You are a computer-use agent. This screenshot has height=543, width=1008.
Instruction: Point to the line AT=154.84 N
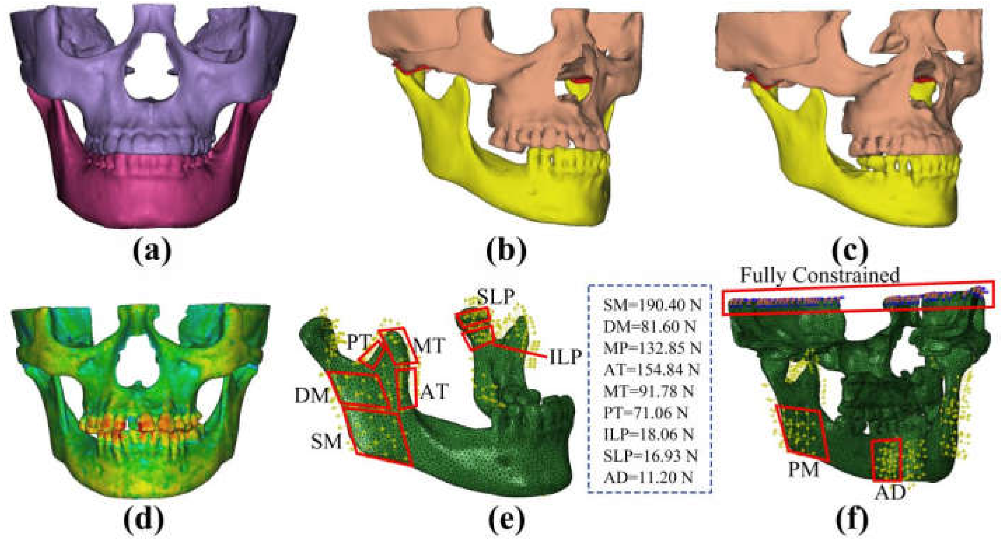pyautogui.click(x=652, y=369)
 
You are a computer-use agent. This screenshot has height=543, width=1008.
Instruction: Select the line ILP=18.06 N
pyautogui.click(x=652, y=434)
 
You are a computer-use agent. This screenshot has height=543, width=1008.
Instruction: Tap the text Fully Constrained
pyautogui.click(x=819, y=276)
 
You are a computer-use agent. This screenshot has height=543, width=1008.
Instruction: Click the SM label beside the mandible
pyautogui.click(x=326, y=442)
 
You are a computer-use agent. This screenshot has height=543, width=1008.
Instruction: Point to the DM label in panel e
pyautogui.click(x=311, y=396)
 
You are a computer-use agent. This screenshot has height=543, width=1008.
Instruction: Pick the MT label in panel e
pyautogui.click(x=429, y=346)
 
